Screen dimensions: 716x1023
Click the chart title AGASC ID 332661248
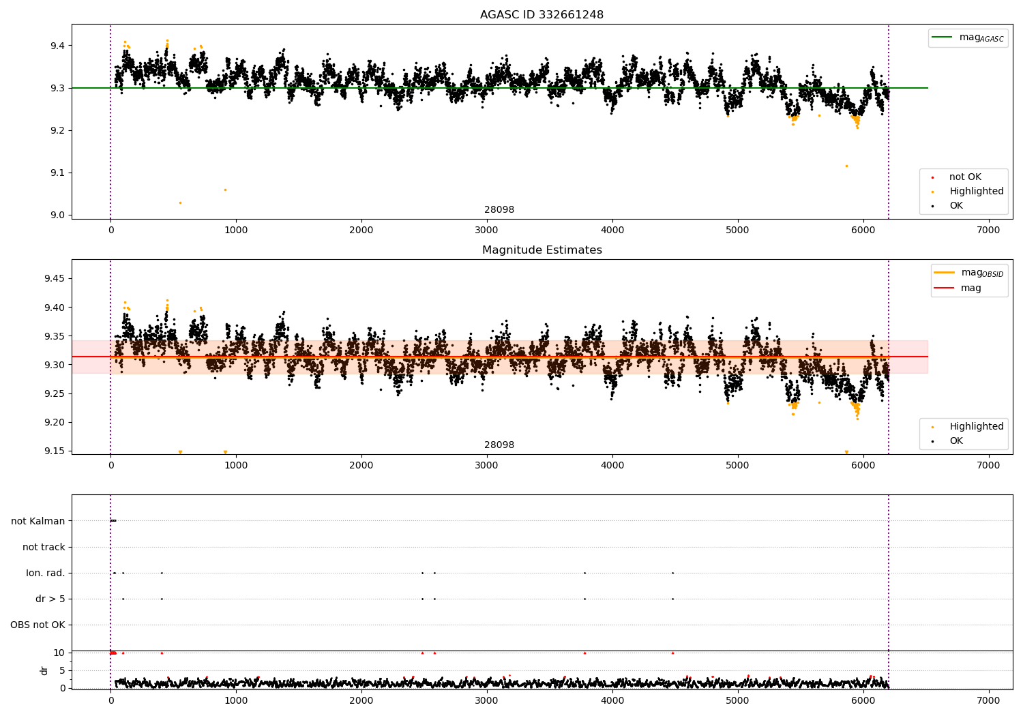tap(542, 15)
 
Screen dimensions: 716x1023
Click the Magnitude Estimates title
tap(542, 250)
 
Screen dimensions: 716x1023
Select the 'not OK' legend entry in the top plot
tap(964, 177)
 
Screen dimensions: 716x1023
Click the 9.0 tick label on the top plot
tap(56, 215)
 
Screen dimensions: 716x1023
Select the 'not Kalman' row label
tap(38, 521)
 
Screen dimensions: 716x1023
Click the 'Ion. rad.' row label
tap(45, 573)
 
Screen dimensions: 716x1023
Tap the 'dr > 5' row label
tap(50, 599)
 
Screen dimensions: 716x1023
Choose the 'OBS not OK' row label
tap(38, 625)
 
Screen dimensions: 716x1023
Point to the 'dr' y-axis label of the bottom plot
tap(44, 670)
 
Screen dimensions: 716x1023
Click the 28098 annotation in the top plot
tap(499, 210)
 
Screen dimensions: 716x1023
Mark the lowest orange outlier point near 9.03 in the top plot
tap(180, 203)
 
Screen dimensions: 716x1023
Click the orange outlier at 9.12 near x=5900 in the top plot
tap(846, 166)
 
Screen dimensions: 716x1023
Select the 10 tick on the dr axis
tap(59, 653)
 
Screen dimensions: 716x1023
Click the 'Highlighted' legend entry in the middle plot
tap(976, 426)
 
